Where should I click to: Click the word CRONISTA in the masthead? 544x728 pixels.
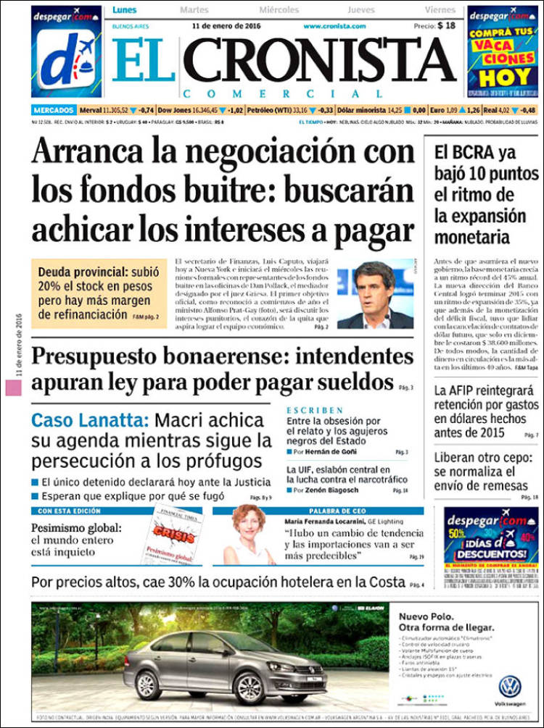click(324, 61)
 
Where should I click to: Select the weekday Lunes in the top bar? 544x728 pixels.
click(124, 10)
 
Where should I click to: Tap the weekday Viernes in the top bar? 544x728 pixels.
click(440, 10)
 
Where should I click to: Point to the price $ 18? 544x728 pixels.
click(446, 25)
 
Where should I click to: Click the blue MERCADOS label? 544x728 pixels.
click(54, 110)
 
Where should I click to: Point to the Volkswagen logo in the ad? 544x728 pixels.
click(510, 685)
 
